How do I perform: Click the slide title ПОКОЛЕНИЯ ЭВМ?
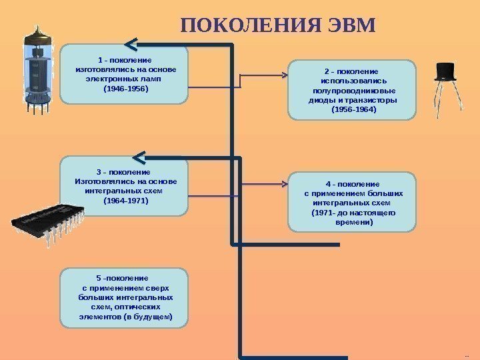click(x=279, y=25)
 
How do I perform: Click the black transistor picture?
click(x=445, y=83)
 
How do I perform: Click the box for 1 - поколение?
click(x=125, y=75)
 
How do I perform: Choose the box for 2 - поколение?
click(x=352, y=89)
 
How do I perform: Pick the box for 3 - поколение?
click(x=125, y=186)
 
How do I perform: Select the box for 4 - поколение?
click(x=352, y=202)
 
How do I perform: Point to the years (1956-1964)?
click(x=353, y=109)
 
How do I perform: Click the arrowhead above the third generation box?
click(x=139, y=157)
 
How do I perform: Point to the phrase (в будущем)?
click(x=147, y=317)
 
